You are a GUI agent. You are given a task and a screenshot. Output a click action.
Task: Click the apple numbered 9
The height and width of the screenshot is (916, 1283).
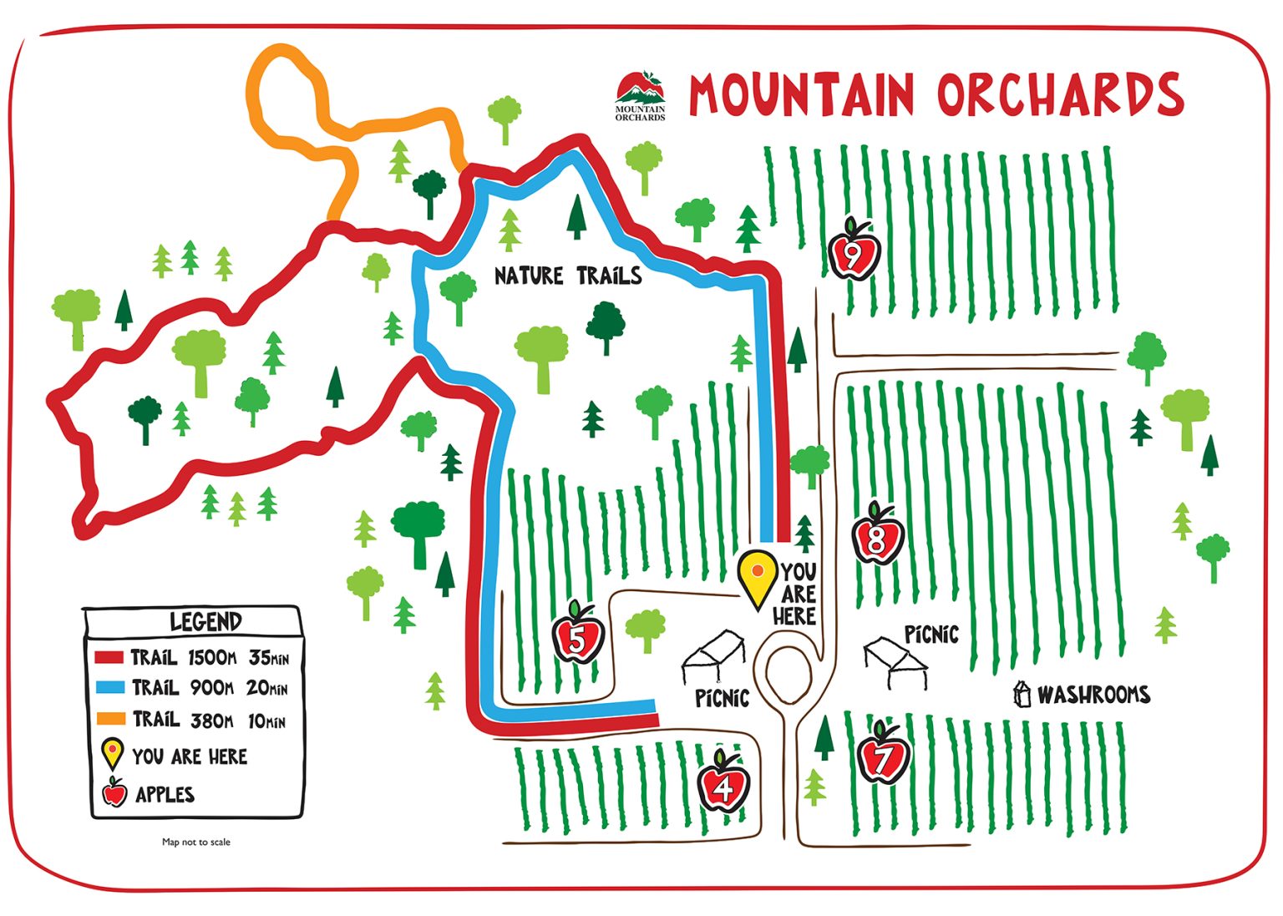click(854, 251)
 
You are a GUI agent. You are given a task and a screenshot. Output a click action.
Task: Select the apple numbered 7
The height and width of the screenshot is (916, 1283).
click(884, 754)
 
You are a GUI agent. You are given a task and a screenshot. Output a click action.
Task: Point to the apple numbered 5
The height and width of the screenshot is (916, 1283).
click(578, 635)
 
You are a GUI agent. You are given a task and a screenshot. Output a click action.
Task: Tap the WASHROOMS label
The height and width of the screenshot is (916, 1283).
click(1093, 695)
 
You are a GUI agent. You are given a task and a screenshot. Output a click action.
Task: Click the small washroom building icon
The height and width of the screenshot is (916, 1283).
click(1021, 694)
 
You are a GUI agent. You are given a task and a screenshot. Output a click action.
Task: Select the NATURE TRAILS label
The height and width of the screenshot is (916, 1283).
click(568, 276)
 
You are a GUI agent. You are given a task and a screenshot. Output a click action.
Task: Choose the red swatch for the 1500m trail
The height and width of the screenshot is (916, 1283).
click(109, 657)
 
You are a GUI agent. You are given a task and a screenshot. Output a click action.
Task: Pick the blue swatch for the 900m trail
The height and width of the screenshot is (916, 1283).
click(109, 688)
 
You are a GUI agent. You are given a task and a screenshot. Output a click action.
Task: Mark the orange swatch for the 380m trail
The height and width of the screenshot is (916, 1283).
click(109, 718)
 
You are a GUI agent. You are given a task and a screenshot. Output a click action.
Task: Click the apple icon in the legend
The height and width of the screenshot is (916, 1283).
click(114, 792)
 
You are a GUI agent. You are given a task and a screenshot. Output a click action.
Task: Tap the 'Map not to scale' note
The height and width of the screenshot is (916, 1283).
click(196, 842)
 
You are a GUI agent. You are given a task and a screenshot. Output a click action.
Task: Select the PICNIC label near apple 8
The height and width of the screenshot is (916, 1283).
click(931, 635)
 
